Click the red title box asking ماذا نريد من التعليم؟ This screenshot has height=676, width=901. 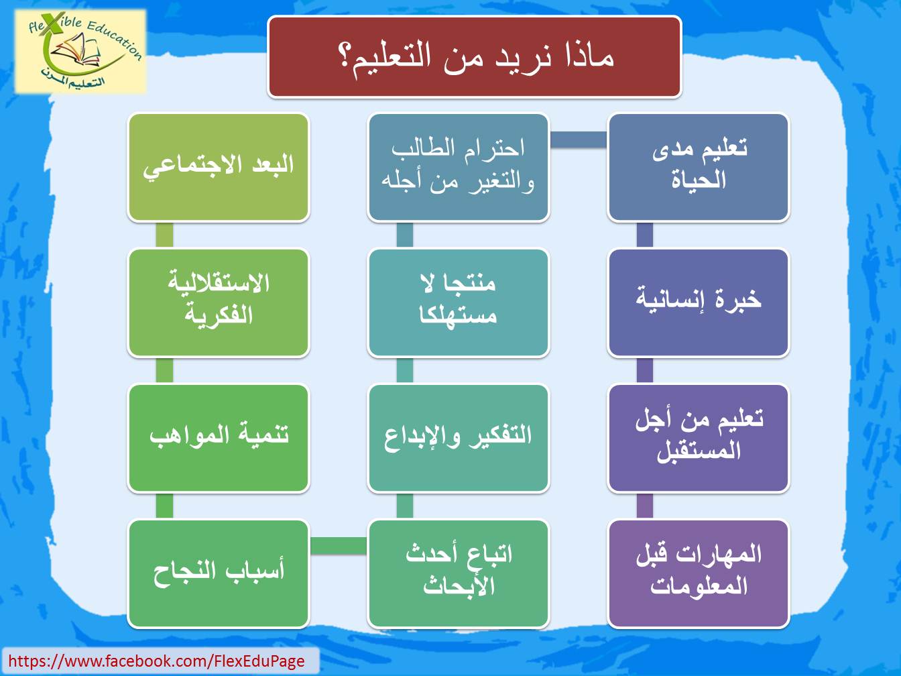pos(475,56)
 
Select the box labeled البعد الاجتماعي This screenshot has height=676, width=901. pos(219,168)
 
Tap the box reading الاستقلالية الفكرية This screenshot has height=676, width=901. pos(219,302)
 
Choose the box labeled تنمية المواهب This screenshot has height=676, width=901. pos(219,438)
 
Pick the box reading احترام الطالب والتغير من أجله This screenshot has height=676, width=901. pos(459,168)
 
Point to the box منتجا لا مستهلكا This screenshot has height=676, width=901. pos(459,302)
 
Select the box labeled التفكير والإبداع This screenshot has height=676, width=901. pos(459,438)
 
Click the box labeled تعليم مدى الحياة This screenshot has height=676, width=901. pos(699,168)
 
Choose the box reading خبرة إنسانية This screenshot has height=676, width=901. pos(699,302)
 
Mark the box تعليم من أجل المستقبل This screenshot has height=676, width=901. pos(699,438)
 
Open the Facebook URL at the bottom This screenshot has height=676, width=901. pos(156,661)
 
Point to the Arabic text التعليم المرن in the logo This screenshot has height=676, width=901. pos(72,78)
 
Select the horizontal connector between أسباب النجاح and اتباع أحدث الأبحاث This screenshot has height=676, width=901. pos(339,546)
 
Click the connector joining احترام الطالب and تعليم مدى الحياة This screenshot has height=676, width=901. pos(579,139)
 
